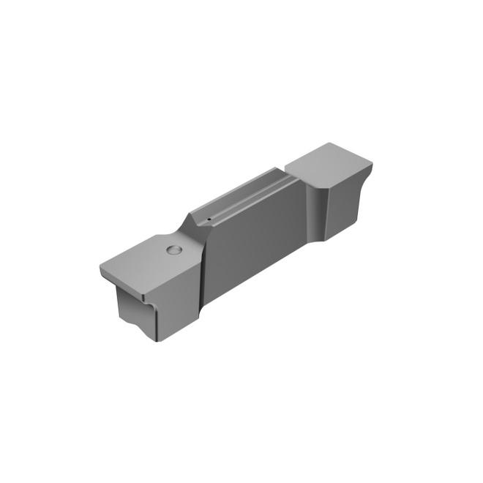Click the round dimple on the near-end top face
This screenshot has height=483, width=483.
point(174,250)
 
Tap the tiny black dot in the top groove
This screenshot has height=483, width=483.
point(209,217)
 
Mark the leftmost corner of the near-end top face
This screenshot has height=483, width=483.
point(101,269)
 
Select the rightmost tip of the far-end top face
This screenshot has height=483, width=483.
point(371,165)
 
